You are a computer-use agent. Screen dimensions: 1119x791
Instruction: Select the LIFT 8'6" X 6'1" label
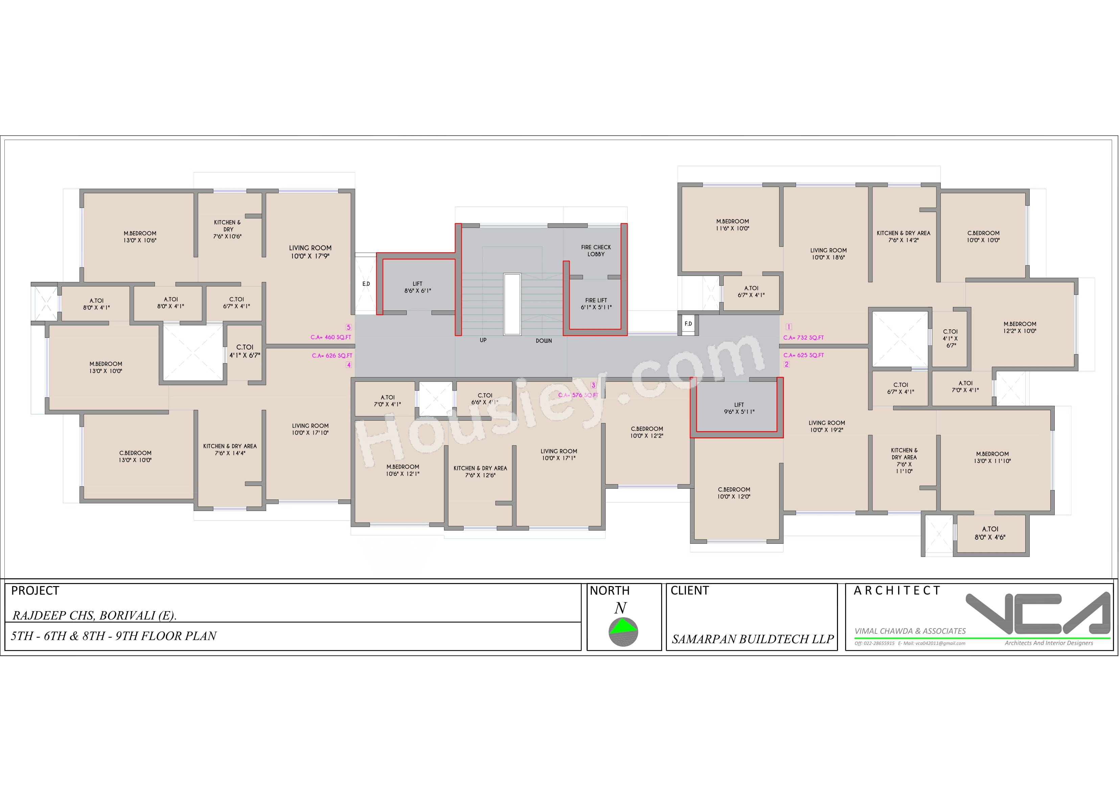(417, 287)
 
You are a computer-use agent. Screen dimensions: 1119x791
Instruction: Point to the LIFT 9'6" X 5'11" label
(739, 408)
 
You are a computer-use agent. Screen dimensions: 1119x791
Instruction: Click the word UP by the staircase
(483, 340)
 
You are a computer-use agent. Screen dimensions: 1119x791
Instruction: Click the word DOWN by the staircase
(543, 341)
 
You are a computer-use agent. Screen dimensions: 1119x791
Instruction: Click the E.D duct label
(366, 284)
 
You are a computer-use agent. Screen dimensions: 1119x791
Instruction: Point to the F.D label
(688, 324)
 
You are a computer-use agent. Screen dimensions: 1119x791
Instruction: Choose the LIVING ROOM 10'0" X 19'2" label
(826, 426)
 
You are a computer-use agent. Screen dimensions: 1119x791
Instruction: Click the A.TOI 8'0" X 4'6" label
(989, 533)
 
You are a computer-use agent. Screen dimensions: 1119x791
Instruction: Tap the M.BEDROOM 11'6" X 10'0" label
(732, 225)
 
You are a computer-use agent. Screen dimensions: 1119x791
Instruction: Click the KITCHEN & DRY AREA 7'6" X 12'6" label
(480, 472)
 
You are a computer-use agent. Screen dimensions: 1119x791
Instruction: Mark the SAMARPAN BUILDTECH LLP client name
(752, 639)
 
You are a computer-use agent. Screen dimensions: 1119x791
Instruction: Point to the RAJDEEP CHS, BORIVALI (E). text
(94, 615)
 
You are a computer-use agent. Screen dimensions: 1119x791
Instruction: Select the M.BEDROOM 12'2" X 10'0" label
(1020, 327)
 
